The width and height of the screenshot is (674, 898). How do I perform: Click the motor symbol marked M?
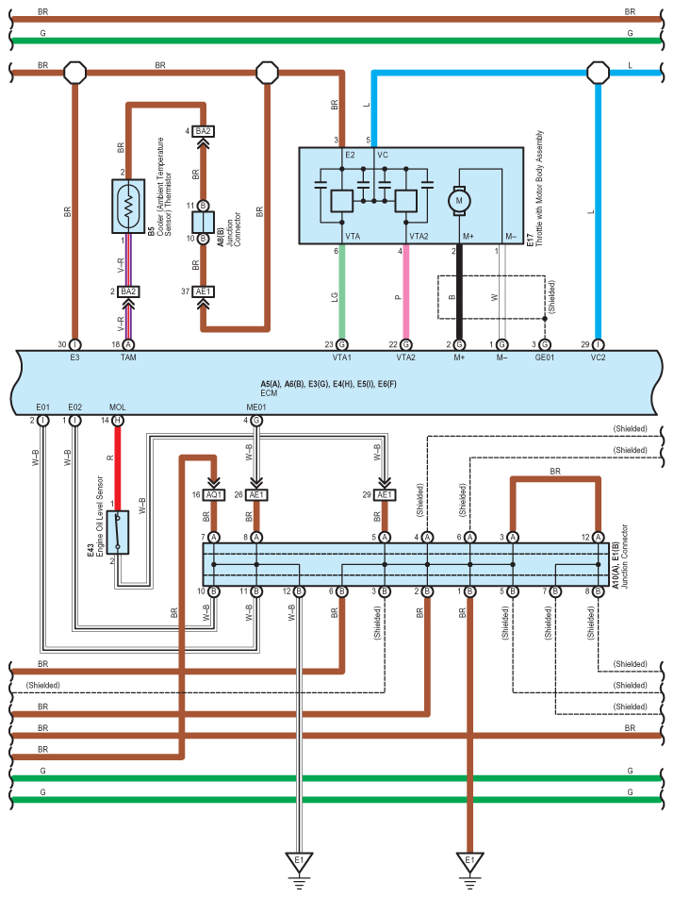[459, 201]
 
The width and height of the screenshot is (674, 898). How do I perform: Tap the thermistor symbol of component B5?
[128, 207]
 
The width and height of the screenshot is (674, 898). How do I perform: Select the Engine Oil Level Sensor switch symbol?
[118, 533]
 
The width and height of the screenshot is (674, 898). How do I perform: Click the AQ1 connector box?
[214, 495]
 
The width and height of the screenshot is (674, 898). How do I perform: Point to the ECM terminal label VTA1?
[341, 358]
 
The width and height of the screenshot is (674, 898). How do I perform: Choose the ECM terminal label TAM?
[128, 358]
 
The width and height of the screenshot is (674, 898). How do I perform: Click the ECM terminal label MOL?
[117, 407]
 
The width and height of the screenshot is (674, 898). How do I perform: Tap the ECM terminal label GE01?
[544, 358]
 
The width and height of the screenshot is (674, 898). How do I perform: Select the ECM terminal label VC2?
[598, 358]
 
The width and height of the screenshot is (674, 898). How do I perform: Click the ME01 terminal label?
[256, 407]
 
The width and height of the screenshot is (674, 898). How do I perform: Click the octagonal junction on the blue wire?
[598, 73]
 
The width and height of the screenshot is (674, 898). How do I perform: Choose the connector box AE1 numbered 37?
[203, 291]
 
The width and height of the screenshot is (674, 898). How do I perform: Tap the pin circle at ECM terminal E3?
[75, 345]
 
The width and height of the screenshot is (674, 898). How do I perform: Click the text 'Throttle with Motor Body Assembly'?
[539, 189]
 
